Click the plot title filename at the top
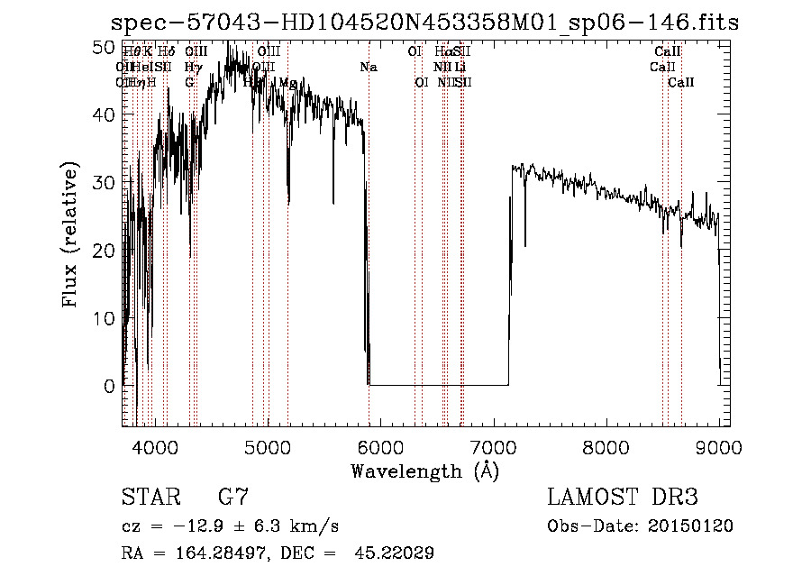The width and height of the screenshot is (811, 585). tap(424, 23)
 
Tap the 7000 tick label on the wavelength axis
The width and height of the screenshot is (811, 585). tap(493, 448)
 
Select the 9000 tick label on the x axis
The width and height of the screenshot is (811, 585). tap(718, 448)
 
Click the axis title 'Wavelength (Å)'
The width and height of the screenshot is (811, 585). tap(424, 471)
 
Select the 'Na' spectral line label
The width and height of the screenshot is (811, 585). tap(368, 68)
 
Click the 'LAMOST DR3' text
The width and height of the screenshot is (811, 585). tap(623, 498)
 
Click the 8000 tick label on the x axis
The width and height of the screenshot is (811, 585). tap(606, 448)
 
